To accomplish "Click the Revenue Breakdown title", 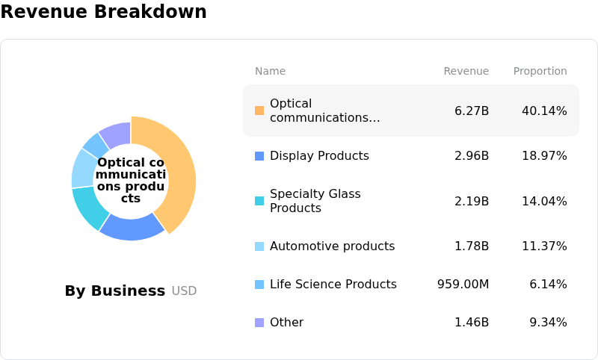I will (103, 13).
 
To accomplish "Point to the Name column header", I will (270, 72).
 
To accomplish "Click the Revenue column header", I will (466, 72).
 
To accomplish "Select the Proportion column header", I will (540, 72).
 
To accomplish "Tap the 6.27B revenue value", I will (472, 111).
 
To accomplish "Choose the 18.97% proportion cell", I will (544, 156).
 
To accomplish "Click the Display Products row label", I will (319, 156).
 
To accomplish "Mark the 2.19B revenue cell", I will (472, 201).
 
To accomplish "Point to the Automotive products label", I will (332, 246).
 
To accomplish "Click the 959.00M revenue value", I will (463, 285).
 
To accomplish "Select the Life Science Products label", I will (333, 285).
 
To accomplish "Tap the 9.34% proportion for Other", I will (548, 323).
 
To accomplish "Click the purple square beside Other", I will (259, 323).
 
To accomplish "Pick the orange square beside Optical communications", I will (259, 111).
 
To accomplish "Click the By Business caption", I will (114, 291).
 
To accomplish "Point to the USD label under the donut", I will (184, 291).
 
